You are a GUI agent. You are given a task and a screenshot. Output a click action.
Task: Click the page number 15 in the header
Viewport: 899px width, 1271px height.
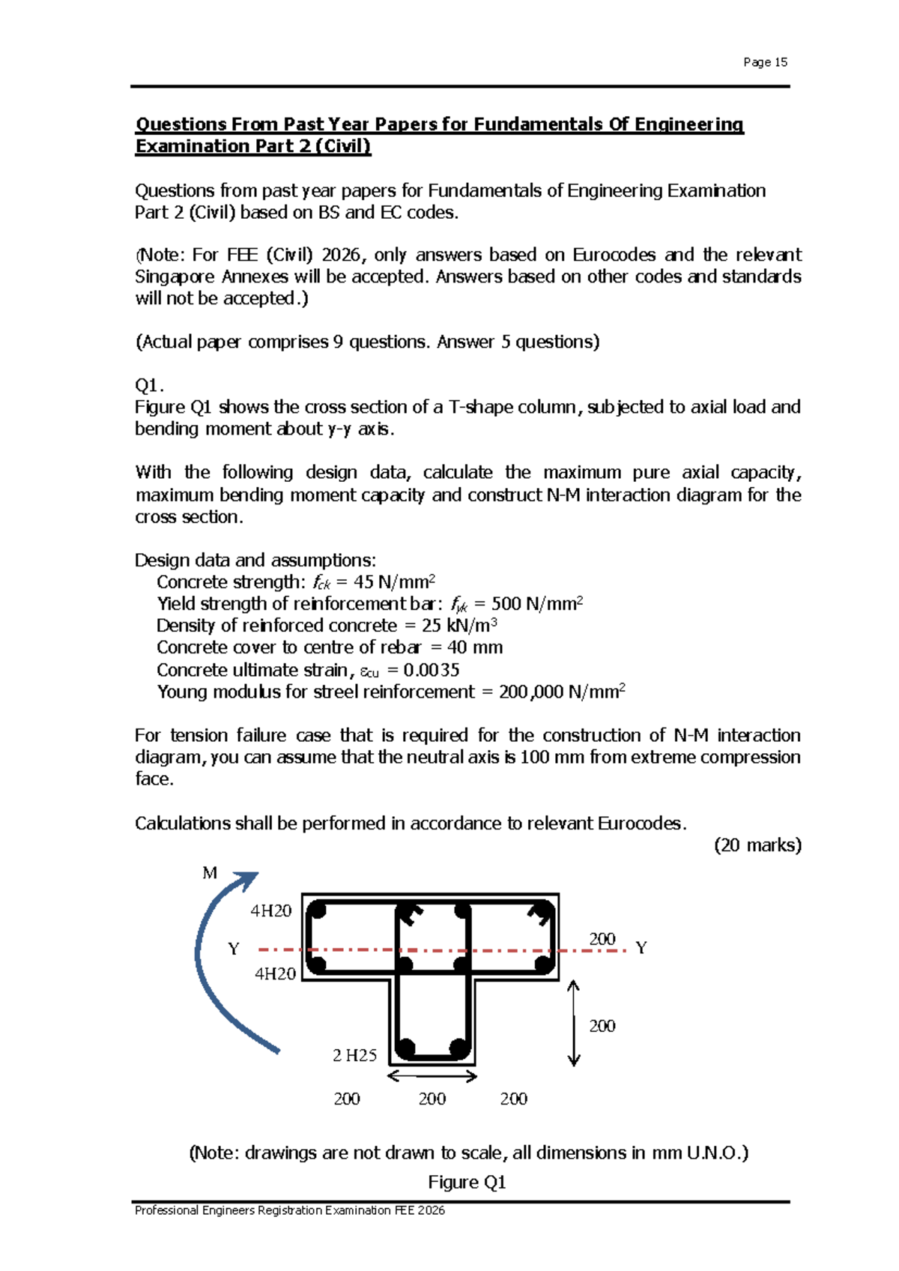pyautogui.click(x=781, y=62)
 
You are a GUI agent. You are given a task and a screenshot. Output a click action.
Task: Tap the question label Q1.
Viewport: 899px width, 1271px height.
pyautogui.click(x=148, y=385)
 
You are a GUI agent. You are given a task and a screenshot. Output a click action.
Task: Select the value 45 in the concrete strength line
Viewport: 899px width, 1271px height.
pyautogui.click(x=363, y=582)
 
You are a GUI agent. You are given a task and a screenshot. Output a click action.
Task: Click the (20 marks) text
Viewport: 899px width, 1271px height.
pyautogui.click(x=757, y=845)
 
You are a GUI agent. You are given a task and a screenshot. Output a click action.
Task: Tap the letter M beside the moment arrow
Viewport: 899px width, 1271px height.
pyautogui.click(x=210, y=873)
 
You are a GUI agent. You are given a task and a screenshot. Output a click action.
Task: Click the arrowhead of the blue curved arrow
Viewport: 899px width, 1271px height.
pyautogui.click(x=248, y=879)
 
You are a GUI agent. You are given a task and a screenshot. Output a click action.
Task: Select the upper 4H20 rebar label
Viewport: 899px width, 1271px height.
pyautogui.click(x=271, y=911)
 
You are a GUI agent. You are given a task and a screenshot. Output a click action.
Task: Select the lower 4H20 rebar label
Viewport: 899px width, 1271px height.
pyautogui.click(x=275, y=973)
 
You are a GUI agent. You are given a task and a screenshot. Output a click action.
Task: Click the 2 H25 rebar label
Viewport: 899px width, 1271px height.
pyautogui.click(x=354, y=1055)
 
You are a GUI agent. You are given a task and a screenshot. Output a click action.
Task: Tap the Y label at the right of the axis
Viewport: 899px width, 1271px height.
pyautogui.click(x=641, y=948)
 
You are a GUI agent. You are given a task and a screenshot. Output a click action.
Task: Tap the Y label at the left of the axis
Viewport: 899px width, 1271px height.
pyautogui.click(x=234, y=950)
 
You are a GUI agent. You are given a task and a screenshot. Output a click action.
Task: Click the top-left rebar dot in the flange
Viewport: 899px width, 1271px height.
pyautogui.click(x=317, y=912)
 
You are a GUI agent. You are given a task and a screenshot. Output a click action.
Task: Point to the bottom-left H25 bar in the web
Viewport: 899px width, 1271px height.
pyautogui.click(x=407, y=1047)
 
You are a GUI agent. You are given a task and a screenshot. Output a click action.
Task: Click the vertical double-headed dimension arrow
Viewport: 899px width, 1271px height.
pyautogui.click(x=574, y=1023)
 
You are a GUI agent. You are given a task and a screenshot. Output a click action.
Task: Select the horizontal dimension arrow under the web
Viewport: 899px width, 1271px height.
pyautogui.click(x=432, y=1077)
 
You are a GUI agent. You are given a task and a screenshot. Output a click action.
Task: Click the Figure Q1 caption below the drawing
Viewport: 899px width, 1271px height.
pyautogui.click(x=467, y=1182)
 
